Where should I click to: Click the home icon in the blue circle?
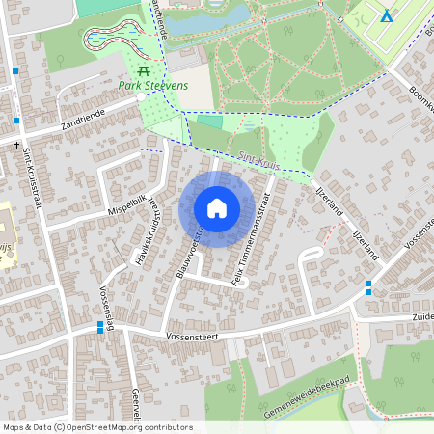tap(217, 208)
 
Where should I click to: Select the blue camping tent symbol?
tap(386, 16)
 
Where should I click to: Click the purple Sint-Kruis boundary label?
tap(258, 163)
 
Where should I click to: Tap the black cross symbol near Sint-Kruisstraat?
tap(16, 144)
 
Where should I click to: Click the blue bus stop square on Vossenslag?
tap(101, 328)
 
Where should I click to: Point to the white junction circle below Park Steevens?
tap(141, 96)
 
